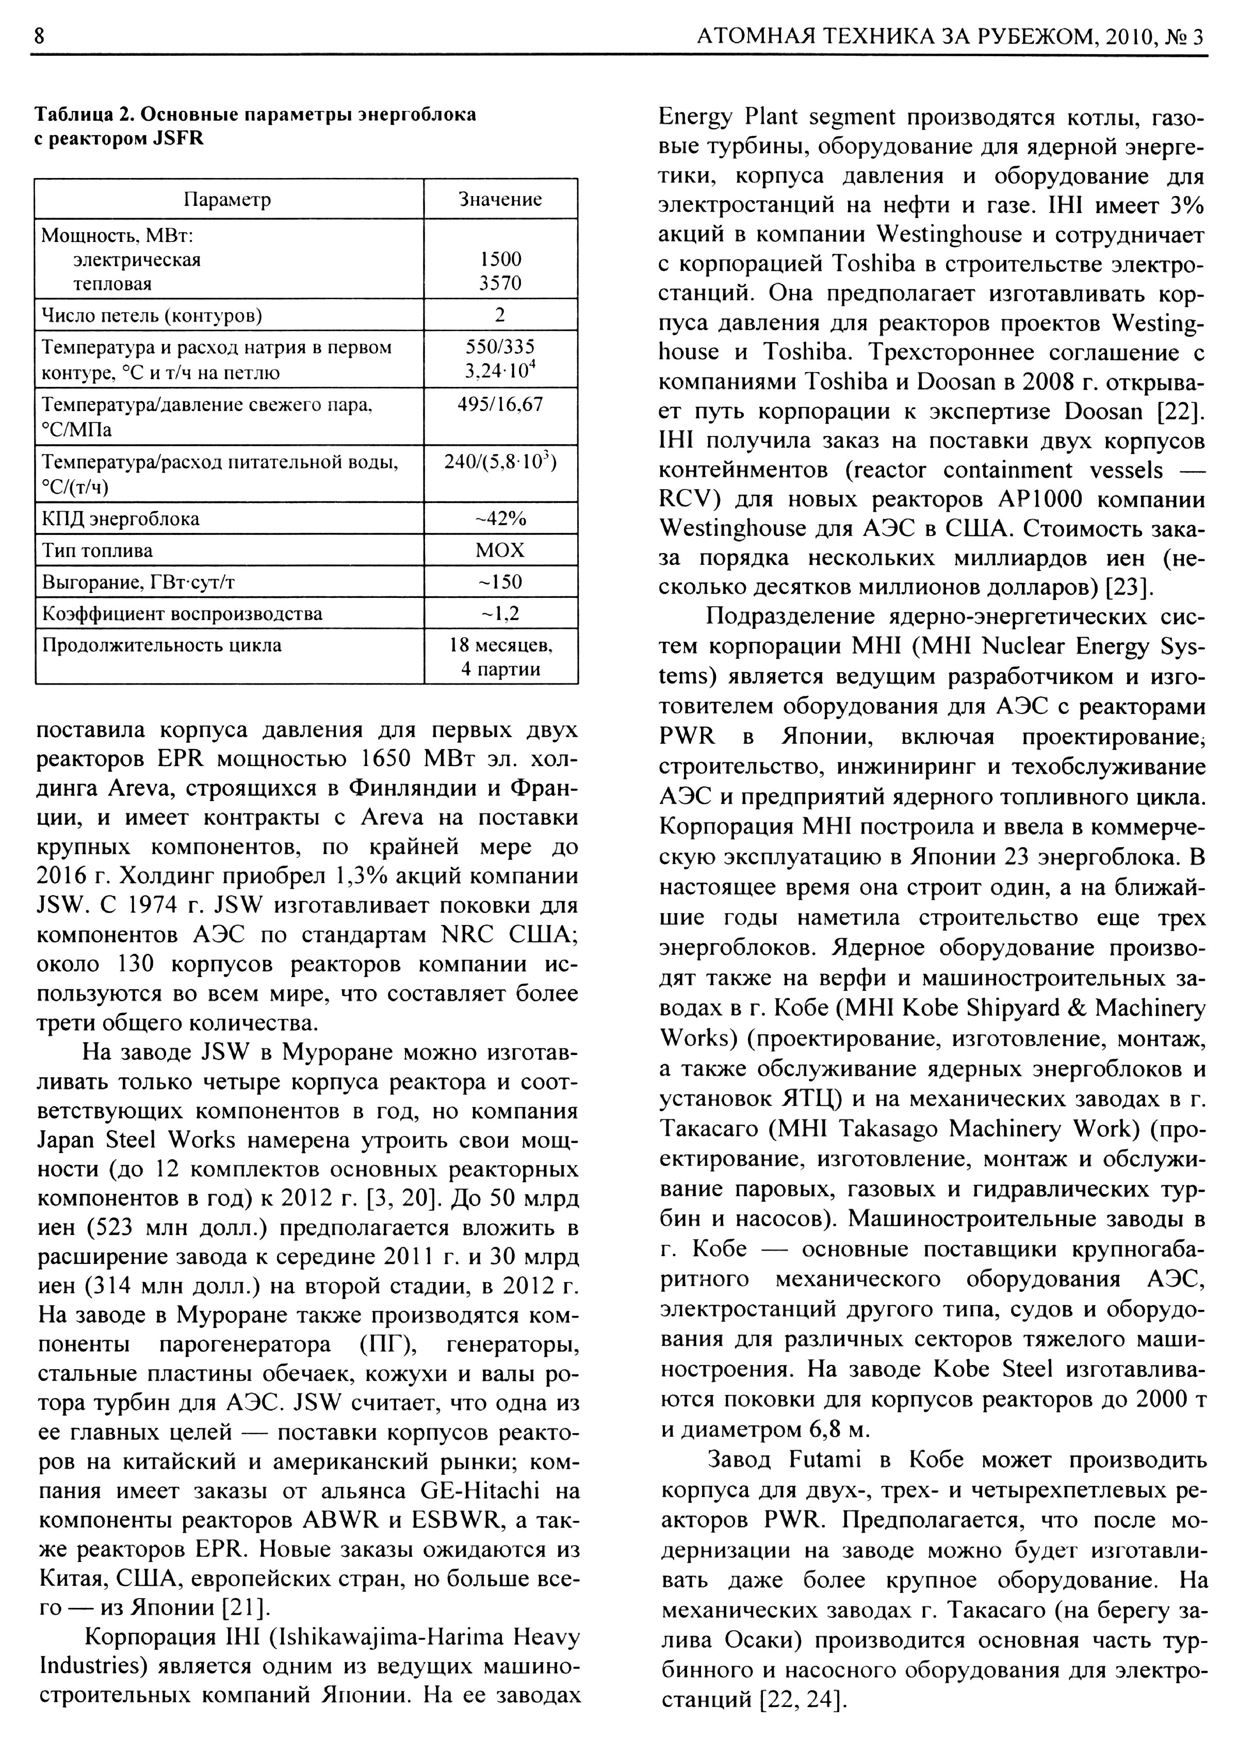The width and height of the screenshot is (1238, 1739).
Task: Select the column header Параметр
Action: pos(228,200)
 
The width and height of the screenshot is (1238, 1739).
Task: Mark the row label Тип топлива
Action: pos(97,550)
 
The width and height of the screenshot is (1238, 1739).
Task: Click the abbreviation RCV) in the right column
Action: pos(689,499)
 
